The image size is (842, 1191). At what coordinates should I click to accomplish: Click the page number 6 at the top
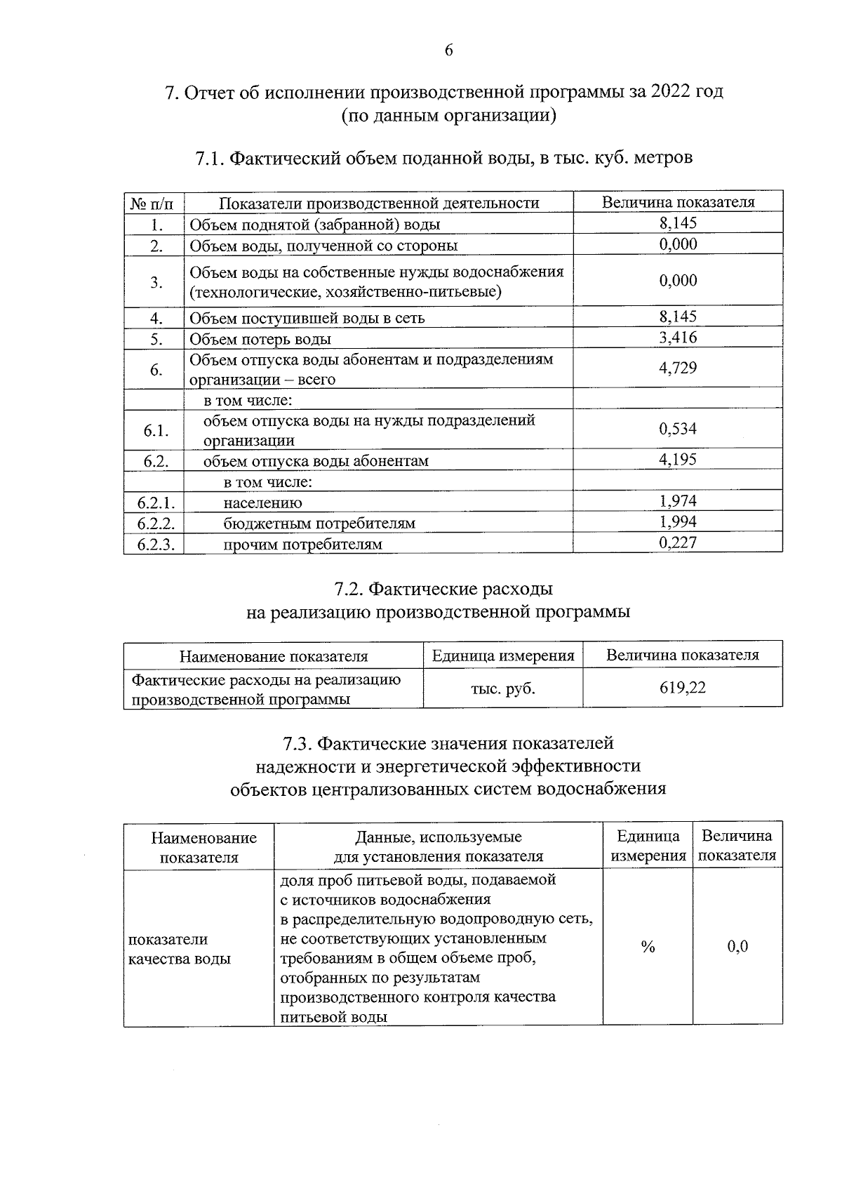pyautogui.click(x=448, y=50)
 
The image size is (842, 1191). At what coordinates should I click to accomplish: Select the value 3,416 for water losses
pyautogui.click(x=678, y=338)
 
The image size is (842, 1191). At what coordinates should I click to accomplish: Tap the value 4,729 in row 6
pyautogui.click(x=678, y=368)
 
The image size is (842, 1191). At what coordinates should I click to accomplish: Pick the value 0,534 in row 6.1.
pyautogui.click(x=678, y=429)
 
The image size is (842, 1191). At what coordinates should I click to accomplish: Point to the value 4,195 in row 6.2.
pyautogui.click(x=678, y=460)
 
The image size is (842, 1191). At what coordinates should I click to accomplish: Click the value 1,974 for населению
pyautogui.click(x=678, y=501)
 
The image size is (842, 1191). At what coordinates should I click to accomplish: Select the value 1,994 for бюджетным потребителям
pyautogui.click(x=678, y=521)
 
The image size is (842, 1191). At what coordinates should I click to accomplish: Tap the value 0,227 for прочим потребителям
pyautogui.click(x=678, y=542)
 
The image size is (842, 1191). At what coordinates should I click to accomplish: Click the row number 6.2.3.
pyautogui.click(x=155, y=544)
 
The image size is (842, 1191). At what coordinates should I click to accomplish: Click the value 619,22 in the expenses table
pyautogui.click(x=682, y=688)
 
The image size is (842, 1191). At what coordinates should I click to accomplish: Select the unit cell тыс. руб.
pyautogui.click(x=503, y=688)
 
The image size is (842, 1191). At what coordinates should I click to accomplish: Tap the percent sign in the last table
pyautogui.click(x=648, y=947)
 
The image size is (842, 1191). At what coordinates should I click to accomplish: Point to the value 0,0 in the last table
pyautogui.click(x=737, y=947)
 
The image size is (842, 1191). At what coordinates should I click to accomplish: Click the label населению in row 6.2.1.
pyautogui.click(x=262, y=503)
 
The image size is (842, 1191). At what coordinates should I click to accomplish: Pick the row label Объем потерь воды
pyautogui.click(x=260, y=339)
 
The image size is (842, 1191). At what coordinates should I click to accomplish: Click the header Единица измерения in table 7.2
pyautogui.click(x=503, y=656)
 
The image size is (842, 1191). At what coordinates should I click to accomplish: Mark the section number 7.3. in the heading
pyautogui.click(x=298, y=743)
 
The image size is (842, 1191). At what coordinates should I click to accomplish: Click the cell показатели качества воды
pyautogui.click(x=180, y=949)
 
